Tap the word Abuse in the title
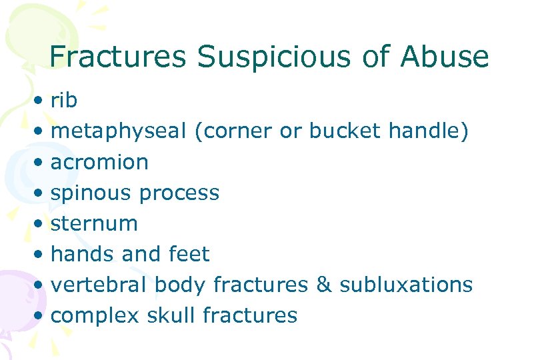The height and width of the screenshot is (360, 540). [445, 57]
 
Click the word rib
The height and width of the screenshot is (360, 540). [64, 101]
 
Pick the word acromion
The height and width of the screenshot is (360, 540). [99, 162]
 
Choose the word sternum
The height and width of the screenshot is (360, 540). [94, 223]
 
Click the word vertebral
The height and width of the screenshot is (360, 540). [99, 285]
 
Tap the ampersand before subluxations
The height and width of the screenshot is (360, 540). [323, 285]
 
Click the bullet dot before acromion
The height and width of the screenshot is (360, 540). [41, 163]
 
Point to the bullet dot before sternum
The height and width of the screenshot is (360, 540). [41, 224]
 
